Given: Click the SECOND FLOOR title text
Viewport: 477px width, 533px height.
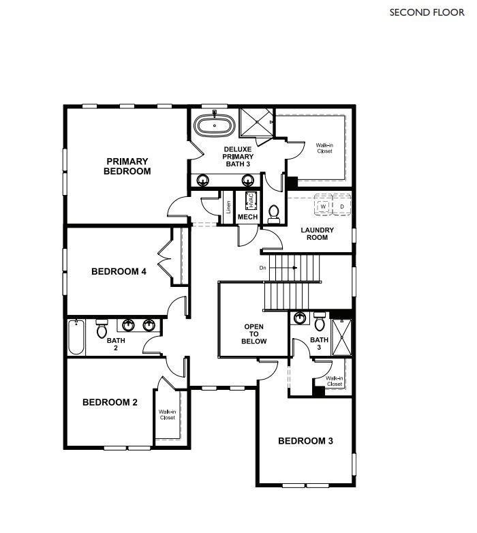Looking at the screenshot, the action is [427, 12].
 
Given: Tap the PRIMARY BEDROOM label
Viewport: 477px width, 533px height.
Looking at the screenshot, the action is [127, 166].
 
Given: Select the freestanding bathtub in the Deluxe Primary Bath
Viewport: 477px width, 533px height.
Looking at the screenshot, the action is [215, 125].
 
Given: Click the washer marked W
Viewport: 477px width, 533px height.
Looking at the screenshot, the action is [323, 206].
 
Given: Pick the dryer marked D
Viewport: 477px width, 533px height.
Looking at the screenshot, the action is [342, 206].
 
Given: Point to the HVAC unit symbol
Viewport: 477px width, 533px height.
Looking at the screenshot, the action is [251, 201].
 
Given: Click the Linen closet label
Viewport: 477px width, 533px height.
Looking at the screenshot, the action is [228, 207].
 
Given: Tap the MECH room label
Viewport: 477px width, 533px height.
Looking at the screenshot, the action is [247, 217].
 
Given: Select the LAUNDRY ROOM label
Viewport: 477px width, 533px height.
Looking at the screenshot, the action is [317, 234].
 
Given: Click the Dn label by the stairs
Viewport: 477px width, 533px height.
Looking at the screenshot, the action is [262, 268].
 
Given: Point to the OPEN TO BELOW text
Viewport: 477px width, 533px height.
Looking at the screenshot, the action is [253, 334].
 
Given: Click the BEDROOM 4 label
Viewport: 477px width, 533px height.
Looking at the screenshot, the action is [119, 271].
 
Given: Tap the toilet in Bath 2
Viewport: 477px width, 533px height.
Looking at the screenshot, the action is [102, 329].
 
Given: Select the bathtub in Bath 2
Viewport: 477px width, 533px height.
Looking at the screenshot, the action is [76, 337].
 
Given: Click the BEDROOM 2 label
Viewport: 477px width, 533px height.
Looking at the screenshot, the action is [110, 402].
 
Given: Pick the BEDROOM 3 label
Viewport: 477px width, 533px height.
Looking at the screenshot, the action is [305, 441].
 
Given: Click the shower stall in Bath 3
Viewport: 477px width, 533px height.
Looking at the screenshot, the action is [341, 337].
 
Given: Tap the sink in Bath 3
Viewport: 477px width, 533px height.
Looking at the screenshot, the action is [299, 318].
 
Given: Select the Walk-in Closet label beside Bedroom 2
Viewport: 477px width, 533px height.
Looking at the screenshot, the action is [167, 414].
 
